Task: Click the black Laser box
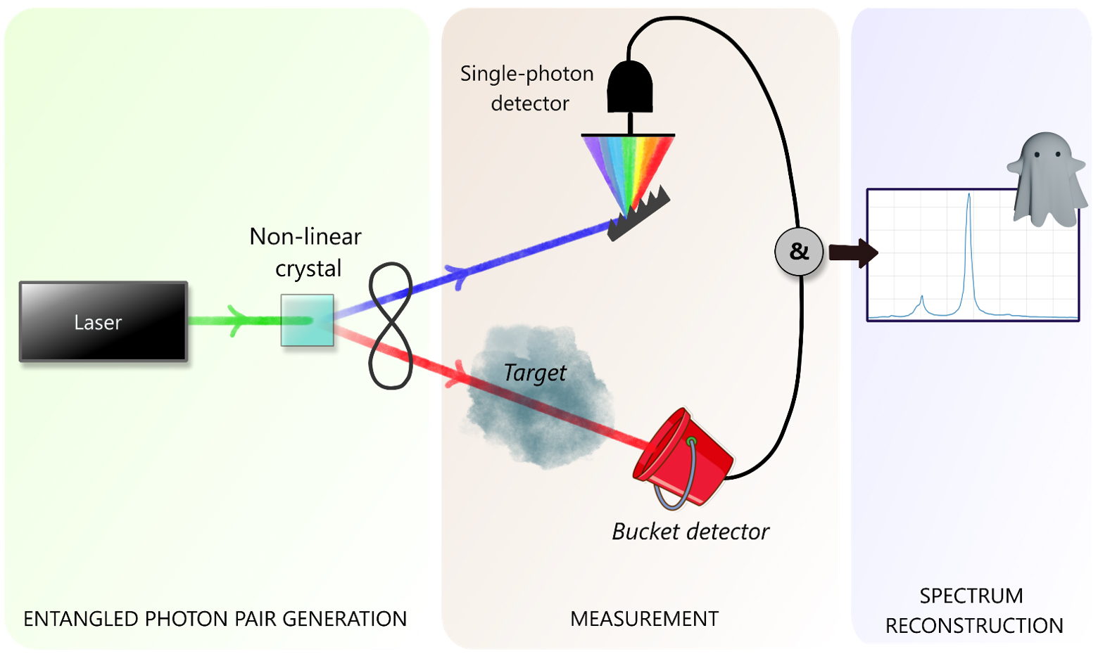tap(103, 321)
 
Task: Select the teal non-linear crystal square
tap(307, 321)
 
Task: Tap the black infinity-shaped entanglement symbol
tap(391, 326)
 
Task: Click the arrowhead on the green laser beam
tap(238, 321)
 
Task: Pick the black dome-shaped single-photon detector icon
tap(630, 87)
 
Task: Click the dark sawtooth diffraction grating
tap(638, 215)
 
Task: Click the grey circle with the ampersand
tap(799, 251)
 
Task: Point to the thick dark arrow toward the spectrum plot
tap(852, 252)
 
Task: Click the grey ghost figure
tap(1046, 179)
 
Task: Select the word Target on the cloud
tap(535, 373)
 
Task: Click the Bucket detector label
tap(690, 532)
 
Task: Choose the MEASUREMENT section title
tap(644, 619)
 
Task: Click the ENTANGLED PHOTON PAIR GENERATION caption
tap(215, 619)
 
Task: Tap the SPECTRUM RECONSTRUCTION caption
tap(973, 610)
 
